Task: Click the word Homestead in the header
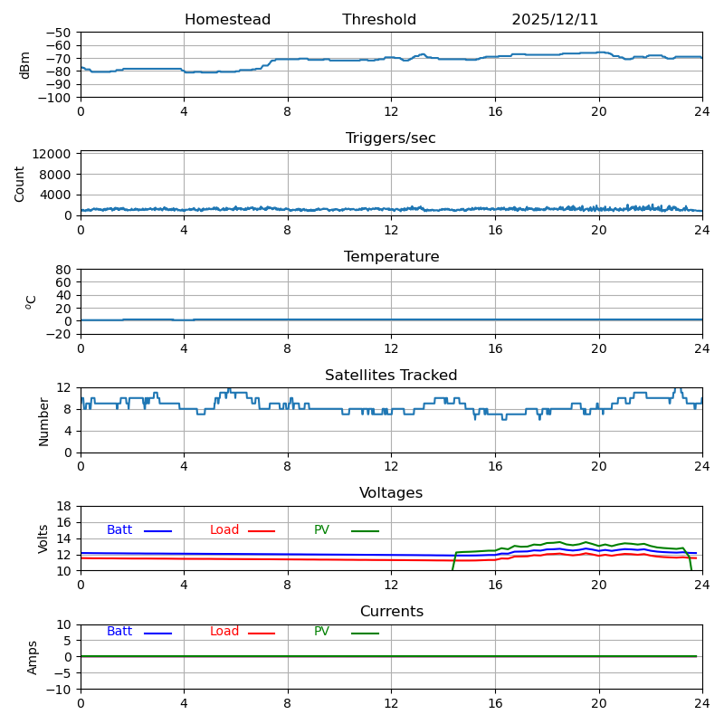[x=227, y=20]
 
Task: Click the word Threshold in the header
[x=379, y=20]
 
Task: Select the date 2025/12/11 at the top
[x=555, y=20]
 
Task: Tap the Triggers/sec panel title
[x=391, y=138]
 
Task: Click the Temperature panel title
[x=391, y=257]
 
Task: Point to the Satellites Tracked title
[x=391, y=376]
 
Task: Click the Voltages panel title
[x=391, y=493]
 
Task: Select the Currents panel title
[x=391, y=612]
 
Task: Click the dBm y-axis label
[x=25, y=65]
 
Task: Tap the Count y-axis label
[x=21, y=183]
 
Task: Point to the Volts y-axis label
[x=43, y=538]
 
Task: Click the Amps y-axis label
[x=33, y=657]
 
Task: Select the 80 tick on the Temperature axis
[x=64, y=270]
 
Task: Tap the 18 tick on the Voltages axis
[x=64, y=506]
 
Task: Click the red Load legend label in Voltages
[x=224, y=530]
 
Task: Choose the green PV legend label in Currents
[x=321, y=632]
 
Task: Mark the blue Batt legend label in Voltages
[x=119, y=530]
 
